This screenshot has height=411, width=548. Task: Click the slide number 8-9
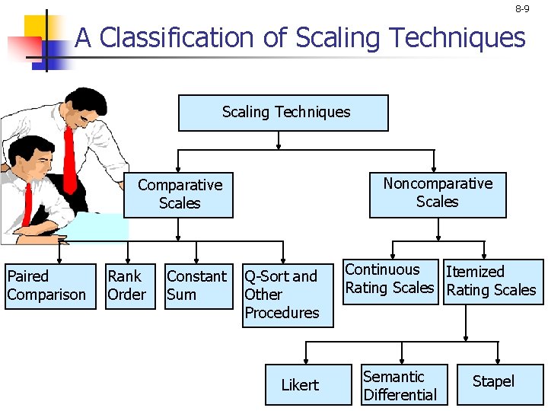click(522, 9)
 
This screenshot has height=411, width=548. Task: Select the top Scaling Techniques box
click(283, 113)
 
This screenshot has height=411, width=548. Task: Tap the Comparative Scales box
click(179, 195)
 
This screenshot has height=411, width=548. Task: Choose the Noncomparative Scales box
click(438, 193)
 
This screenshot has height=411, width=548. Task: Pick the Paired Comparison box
click(46, 286)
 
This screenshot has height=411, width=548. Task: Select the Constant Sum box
click(197, 286)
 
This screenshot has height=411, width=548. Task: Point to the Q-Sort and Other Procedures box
click(287, 295)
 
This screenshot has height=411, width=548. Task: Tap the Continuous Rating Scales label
click(390, 279)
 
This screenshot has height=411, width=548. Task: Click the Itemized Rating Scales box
click(492, 282)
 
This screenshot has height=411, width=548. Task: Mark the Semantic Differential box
click(403, 385)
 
